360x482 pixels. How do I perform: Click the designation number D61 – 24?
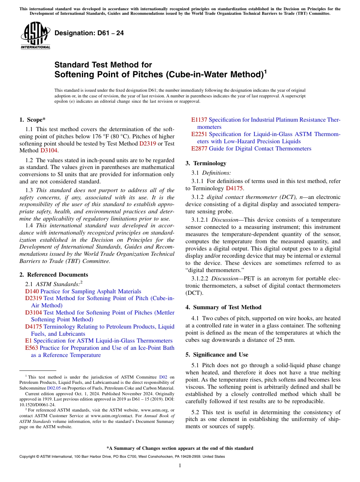[x=89, y=33]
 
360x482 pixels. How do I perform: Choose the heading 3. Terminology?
[x=210, y=163]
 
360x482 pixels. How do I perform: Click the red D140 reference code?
[x=32, y=291]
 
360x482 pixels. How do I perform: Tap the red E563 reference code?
[x=31, y=348]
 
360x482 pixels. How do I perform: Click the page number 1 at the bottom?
[x=180, y=466]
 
